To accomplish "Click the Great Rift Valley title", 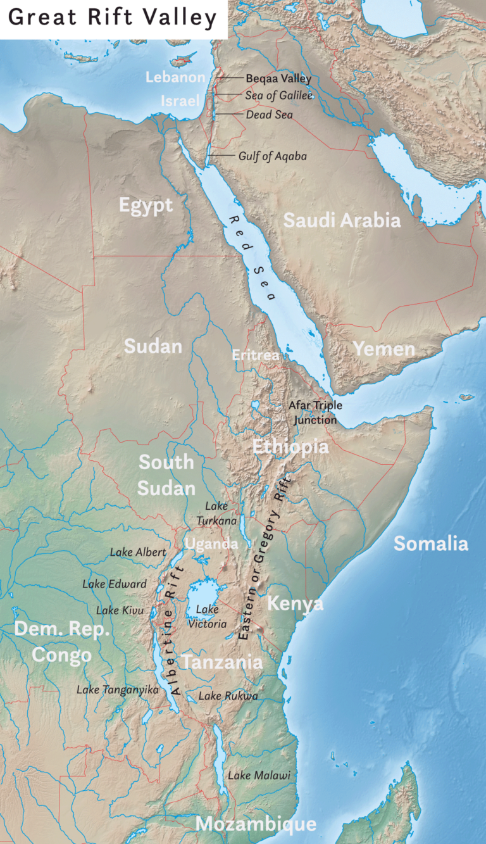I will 113,18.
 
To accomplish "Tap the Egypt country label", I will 146,206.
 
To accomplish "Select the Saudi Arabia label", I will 342,220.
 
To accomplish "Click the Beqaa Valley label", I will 278,79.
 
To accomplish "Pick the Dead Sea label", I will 269,115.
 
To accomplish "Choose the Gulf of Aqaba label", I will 272,156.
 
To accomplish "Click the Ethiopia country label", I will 290,447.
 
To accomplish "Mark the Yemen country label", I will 383,349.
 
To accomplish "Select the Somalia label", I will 431,543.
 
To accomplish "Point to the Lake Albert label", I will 138,552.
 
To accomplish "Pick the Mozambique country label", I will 256,824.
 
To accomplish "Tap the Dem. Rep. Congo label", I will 62,642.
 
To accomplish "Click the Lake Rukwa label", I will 228,696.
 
